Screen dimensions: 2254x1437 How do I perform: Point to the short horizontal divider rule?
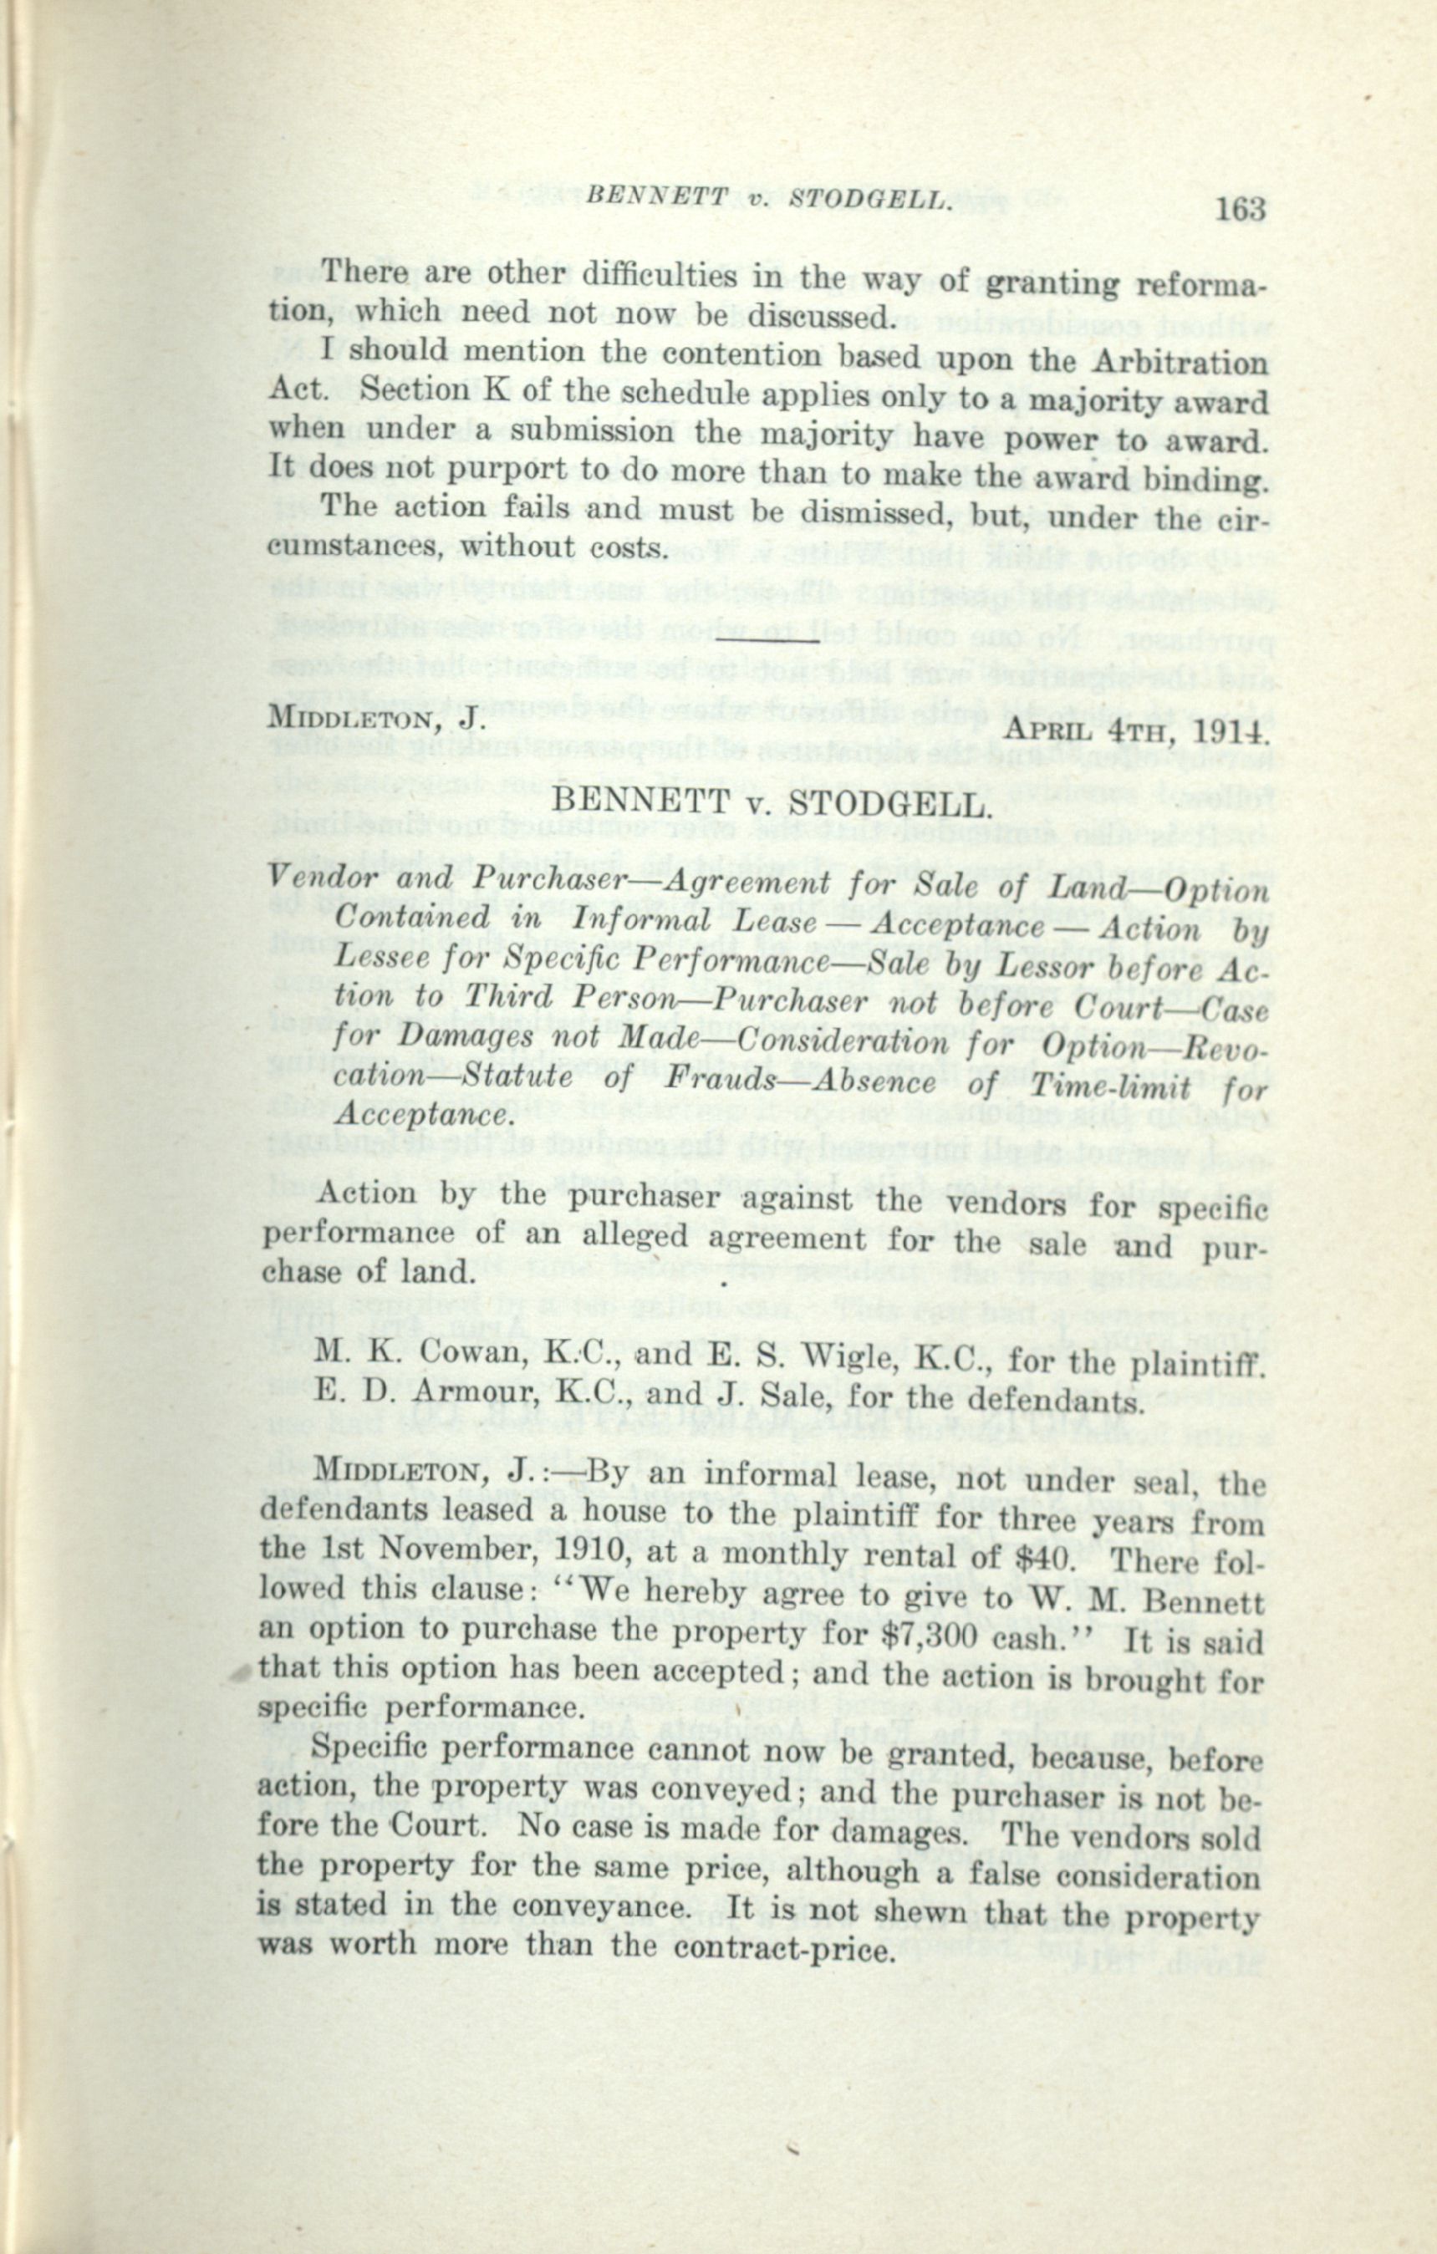pyautogui.click(x=767, y=640)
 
